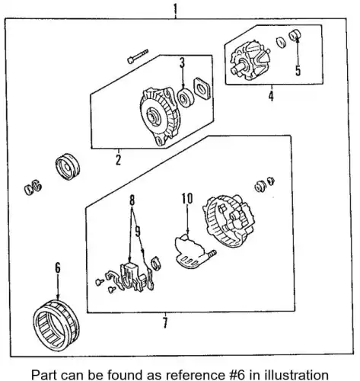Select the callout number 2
[x=118, y=160]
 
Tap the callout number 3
[x=182, y=62]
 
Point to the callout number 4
[x=271, y=96]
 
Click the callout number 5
[x=298, y=70]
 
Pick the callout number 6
[x=58, y=267]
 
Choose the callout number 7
[x=165, y=322]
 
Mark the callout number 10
[x=187, y=198]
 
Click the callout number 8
[x=132, y=200]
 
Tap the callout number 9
[x=138, y=231]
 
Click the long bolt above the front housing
[x=137, y=56]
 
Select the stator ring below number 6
[x=56, y=325]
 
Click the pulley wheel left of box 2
[x=68, y=167]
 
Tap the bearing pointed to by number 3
[x=186, y=98]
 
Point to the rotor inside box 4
[x=250, y=61]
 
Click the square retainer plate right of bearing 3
[x=202, y=88]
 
